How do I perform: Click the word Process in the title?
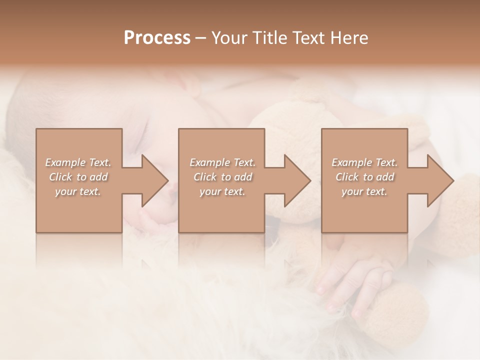click(x=157, y=38)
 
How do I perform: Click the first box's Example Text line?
click(x=78, y=162)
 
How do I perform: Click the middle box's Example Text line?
click(x=222, y=162)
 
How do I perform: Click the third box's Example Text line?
click(x=364, y=162)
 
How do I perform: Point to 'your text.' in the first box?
click(x=78, y=191)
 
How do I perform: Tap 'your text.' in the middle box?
click(x=222, y=191)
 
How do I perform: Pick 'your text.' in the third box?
click(x=364, y=191)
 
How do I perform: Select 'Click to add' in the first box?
click(x=78, y=177)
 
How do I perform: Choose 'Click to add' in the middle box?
click(x=222, y=177)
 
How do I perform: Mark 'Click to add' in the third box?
click(x=364, y=177)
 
